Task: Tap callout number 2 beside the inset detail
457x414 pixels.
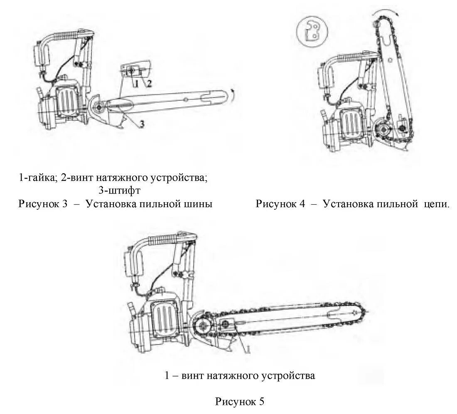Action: click(x=148, y=83)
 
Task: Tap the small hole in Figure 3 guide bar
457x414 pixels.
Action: click(x=186, y=98)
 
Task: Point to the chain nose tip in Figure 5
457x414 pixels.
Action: click(x=367, y=313)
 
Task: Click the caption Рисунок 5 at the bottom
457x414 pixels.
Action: click(x=240, y=402)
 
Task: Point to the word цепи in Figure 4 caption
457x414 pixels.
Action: click(x=436, y=204)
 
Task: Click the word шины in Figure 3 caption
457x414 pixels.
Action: click(x=199, y=204)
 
